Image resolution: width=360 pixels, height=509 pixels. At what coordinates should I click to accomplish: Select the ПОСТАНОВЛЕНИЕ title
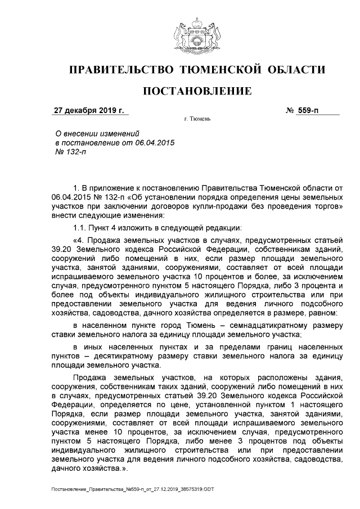tap(196, 91)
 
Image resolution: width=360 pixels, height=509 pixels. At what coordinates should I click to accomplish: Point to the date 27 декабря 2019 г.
tap(88, 110)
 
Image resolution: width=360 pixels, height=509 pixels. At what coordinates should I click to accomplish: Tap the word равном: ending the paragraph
tap(322, 312)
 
